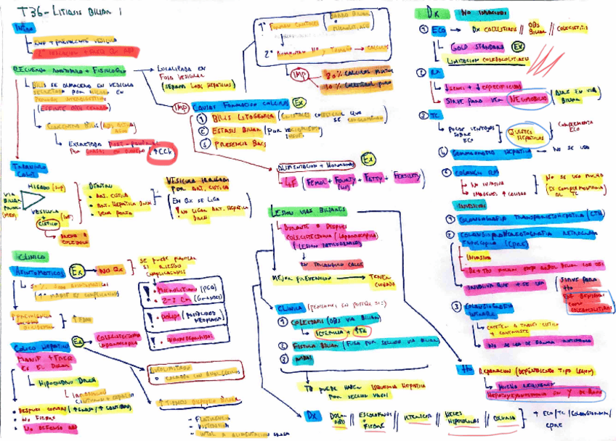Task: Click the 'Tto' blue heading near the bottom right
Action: coord(465,369)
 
